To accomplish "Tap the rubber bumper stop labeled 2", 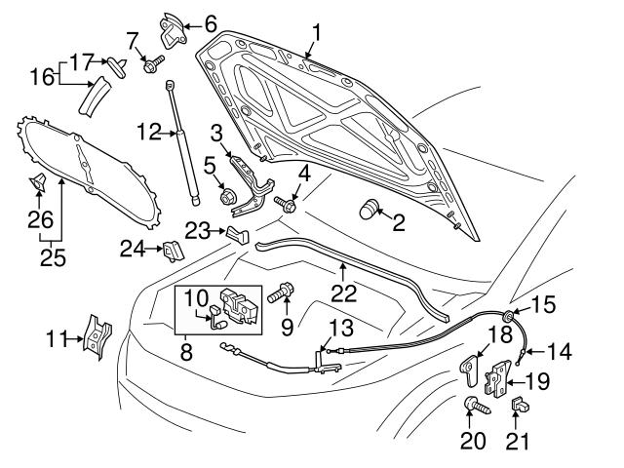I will pos(369,208).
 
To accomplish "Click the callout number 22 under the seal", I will pos(342,291).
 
